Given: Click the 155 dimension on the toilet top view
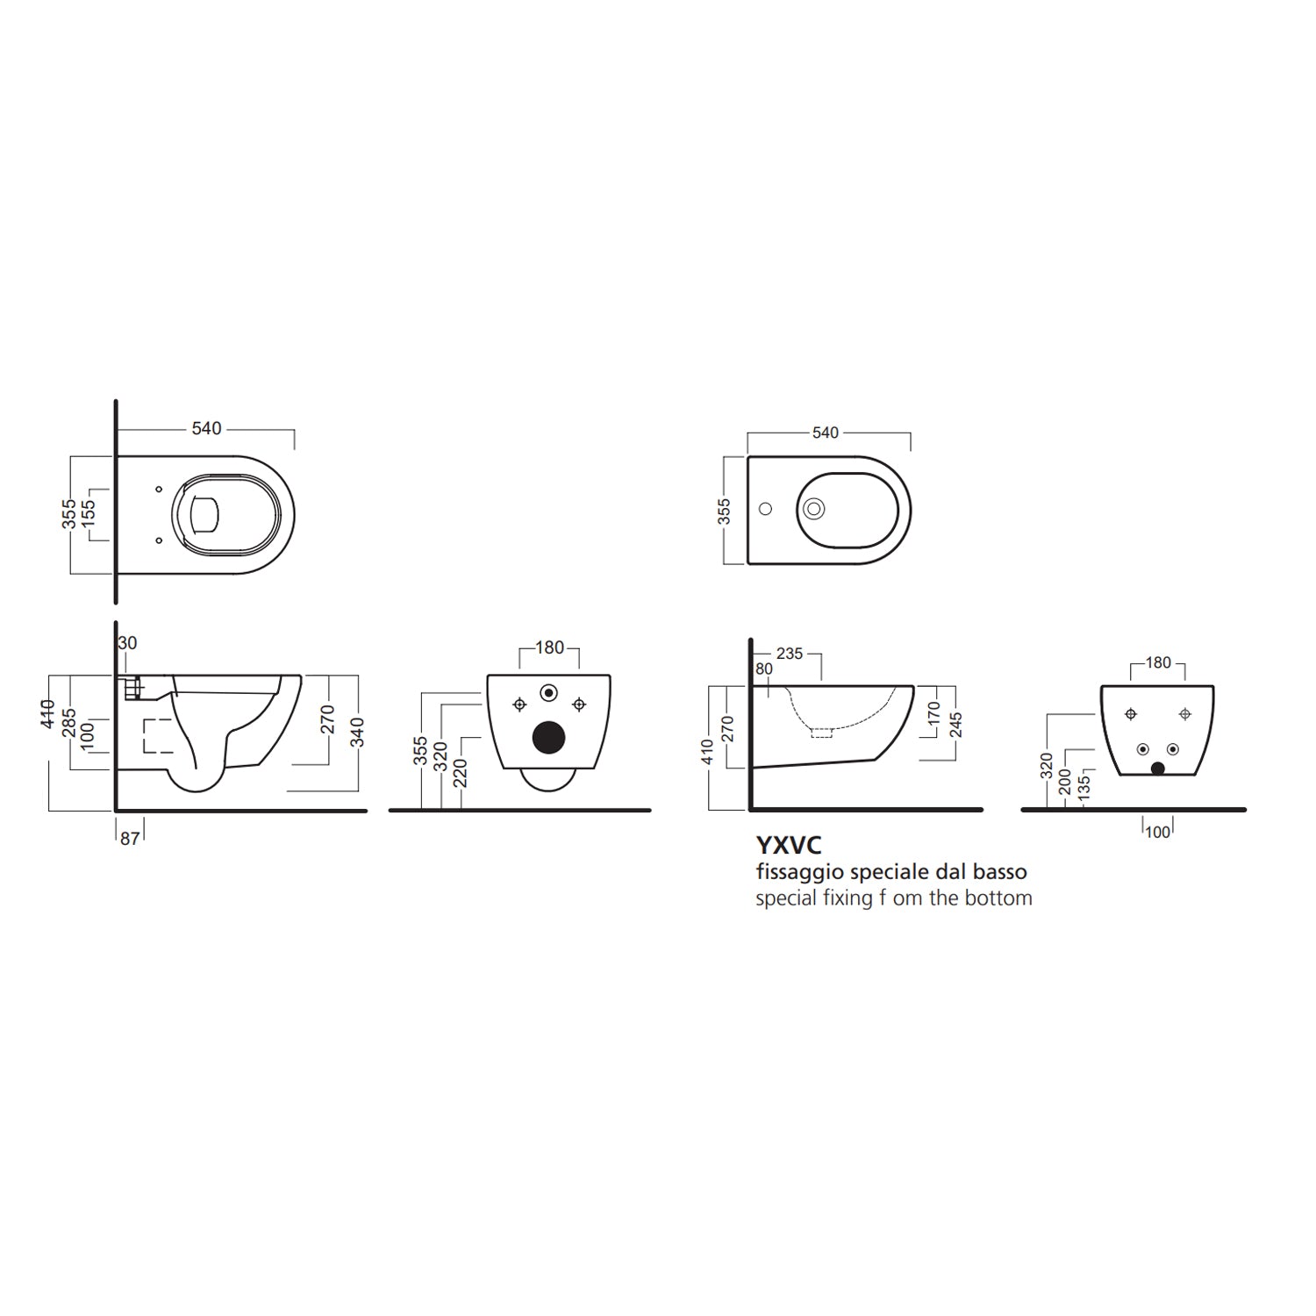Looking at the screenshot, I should [89, 513].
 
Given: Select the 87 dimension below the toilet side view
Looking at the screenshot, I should [130, 839].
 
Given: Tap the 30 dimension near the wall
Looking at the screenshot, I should [128, 643].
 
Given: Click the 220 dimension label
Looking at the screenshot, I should [461, 773].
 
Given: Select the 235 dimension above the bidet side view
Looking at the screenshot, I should [790, 654].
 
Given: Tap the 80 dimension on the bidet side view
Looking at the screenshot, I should [764, 669].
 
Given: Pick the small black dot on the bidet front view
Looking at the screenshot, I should [1157, 769].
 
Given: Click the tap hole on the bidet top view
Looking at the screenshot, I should [764, 508].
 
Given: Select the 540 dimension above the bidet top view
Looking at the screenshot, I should [826, 433].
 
